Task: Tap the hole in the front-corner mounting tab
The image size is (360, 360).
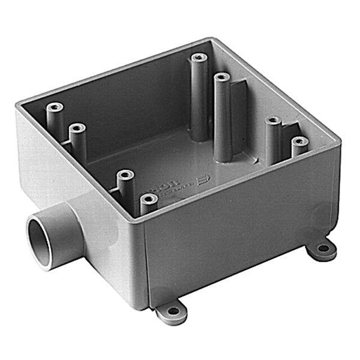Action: [x=173, y=311]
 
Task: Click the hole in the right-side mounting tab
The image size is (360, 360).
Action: [x=323, y=247]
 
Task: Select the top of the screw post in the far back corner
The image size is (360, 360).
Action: [x=199, y=58]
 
